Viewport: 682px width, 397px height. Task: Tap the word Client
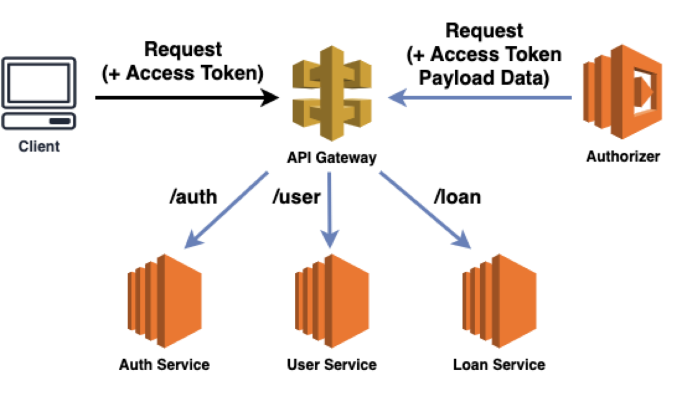coord(38,147)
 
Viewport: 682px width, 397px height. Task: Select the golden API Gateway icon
coord(332,93)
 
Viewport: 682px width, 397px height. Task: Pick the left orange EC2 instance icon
coord(164,301)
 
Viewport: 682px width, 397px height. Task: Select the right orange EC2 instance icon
coord(499,301)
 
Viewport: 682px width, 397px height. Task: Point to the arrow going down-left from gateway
coord(228,208)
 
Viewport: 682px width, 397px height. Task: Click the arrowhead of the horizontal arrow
coord(397,98)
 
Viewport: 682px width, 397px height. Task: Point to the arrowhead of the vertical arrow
coord(330,240)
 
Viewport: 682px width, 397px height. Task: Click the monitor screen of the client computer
coord(38,81)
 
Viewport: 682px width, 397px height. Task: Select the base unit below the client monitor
coord(38,121)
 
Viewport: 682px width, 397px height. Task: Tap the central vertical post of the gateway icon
coord(332,93)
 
